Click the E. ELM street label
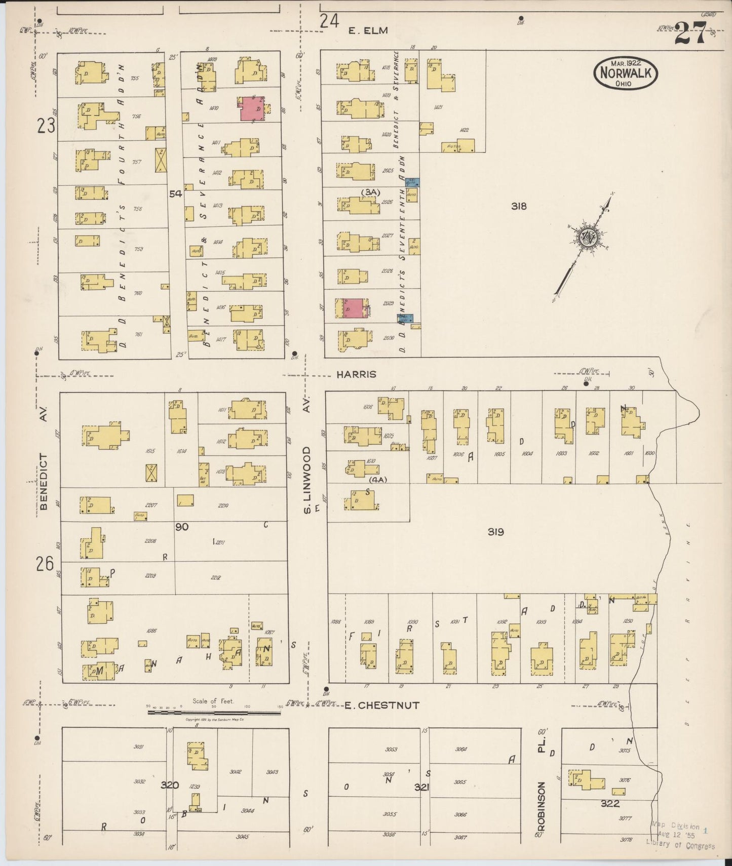coord(368,30)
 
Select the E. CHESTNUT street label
coord(382,705)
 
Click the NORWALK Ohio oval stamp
coord(626,73)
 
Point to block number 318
coord(519,206)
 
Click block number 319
coord(495,532)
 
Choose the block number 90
coord(181,527)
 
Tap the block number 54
coord(175,193)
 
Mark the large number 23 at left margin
coord(46,125)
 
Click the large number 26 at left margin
coord(45,563)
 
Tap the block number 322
coord(610,804)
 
